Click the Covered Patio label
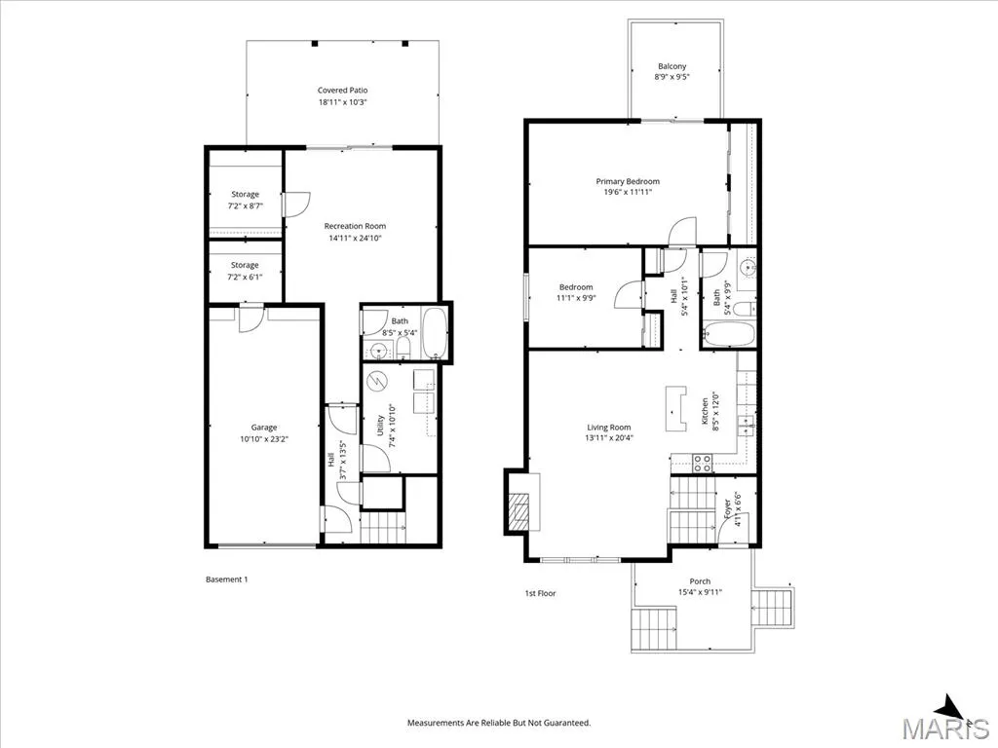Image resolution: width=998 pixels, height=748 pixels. click(342, 91)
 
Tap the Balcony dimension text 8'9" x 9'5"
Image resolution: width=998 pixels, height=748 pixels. click(672, 77)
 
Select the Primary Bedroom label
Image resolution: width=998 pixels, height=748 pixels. click(628, 181)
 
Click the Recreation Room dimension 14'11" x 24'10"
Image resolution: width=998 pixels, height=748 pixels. click(355, 238)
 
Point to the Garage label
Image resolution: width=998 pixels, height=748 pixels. click(264, 428)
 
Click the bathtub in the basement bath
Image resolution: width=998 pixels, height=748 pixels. click(435, 334)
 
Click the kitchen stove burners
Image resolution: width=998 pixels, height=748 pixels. click(703, 463)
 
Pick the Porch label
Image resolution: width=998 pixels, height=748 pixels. click(700, 581)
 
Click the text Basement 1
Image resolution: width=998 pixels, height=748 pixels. click(226, 580)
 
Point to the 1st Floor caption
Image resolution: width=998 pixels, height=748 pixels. click(540, 593)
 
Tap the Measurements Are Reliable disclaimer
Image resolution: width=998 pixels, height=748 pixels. click(499, 723)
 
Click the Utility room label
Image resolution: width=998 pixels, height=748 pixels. click(380, 426)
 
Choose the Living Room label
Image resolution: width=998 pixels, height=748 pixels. click(609, 428)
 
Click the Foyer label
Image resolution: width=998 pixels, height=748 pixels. click(727, 505)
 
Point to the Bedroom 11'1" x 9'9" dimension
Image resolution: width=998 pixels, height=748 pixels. click(576, 298)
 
